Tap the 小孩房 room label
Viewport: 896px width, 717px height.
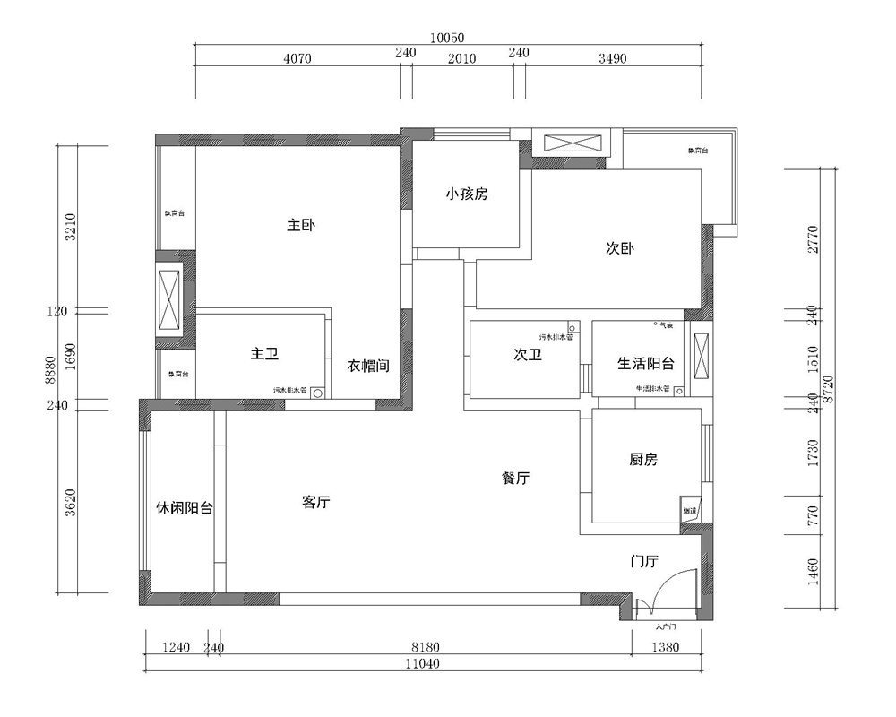click(x=466, y=193)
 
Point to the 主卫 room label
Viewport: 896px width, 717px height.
click(x=264, y=355)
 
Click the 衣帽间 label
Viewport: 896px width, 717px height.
click(x=368, y=366)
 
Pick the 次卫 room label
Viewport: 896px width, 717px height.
click(x=528, y=355)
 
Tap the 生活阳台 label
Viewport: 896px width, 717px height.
click(x=646, y=363)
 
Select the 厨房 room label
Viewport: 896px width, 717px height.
click(x=643, y=460)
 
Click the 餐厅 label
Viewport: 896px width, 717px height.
click(x=515, y=479)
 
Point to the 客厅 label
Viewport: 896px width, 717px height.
click(x=317, y=503)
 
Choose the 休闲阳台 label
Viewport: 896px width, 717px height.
click(x=185, y=508)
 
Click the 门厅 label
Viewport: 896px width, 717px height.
click(x=644, y=562)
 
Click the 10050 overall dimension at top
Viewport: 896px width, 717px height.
click(x=447, y=38)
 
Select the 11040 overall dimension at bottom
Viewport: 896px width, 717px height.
click(x=422, y=664)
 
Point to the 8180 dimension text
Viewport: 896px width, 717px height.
click(x=425, y=647)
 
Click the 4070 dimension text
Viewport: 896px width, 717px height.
click(x=297, y=58)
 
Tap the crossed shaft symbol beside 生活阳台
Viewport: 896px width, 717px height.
click(x=702, y=354)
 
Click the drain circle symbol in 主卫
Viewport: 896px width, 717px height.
click(x=316, y=392)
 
